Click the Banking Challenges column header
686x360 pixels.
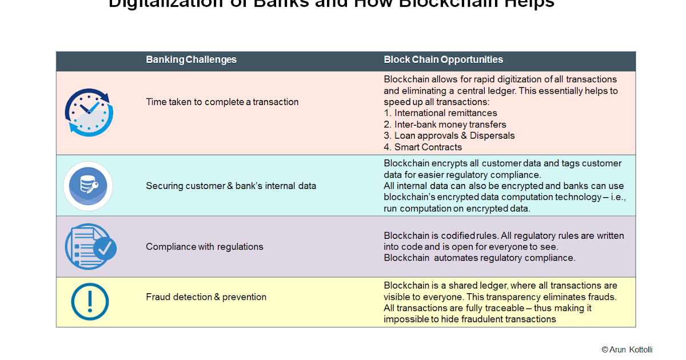[191, 59]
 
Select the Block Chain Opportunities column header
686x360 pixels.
[443, 59]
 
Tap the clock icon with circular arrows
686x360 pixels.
[89, 112]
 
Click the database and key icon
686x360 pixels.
[88, 186]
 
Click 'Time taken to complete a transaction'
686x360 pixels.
[222, 102]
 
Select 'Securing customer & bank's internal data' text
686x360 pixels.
[231, 186]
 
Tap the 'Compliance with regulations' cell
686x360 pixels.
[204, 247]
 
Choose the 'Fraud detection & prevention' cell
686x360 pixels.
[206, 297]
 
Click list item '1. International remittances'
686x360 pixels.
[440, 113]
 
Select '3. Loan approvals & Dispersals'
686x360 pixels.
[449, 135]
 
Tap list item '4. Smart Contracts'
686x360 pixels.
[422, 147]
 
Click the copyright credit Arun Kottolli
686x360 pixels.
[627, 349]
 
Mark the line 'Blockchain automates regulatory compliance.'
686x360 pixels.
[479, 258]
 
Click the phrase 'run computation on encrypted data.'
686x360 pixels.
[457, 209]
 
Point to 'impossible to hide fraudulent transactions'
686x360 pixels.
[469, 319]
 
